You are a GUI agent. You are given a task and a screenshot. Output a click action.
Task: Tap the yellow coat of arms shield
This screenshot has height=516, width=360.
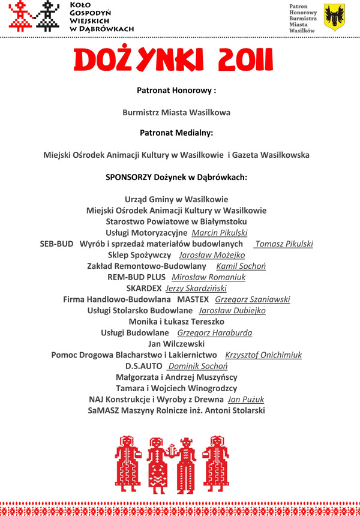(334, 17)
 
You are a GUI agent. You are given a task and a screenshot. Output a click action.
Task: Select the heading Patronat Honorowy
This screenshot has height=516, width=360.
(176, 91)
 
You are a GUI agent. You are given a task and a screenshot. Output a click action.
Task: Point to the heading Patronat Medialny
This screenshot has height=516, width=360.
(176, 133)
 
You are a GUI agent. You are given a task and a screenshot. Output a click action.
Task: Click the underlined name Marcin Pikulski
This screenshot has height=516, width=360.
(220, 233)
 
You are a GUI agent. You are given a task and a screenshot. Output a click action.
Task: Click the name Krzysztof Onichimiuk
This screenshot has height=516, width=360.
(263, 355)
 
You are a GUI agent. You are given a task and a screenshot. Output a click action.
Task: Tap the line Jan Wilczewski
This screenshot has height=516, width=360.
(176, 344)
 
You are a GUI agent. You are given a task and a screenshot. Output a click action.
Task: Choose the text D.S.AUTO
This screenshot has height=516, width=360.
(144, 366)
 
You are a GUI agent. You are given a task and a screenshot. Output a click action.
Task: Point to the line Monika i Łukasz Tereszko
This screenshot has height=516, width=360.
(176, 322)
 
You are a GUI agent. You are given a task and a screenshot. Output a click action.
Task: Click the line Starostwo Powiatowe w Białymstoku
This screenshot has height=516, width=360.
(176, 221)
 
